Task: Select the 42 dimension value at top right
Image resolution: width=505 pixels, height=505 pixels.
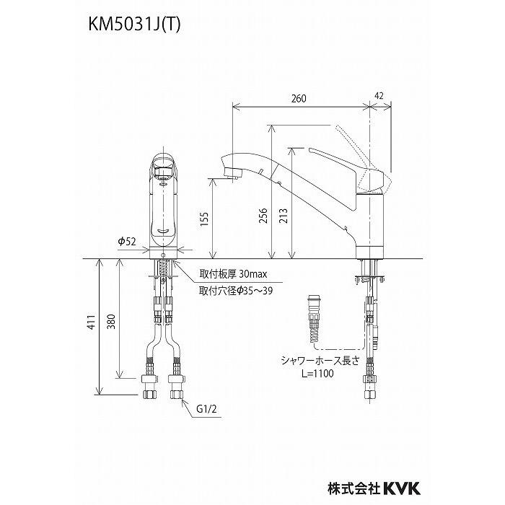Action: pos(380,95)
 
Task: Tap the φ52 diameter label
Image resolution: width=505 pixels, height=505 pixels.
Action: pos(128,241)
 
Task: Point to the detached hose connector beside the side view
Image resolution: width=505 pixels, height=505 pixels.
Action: pos(313,318)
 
